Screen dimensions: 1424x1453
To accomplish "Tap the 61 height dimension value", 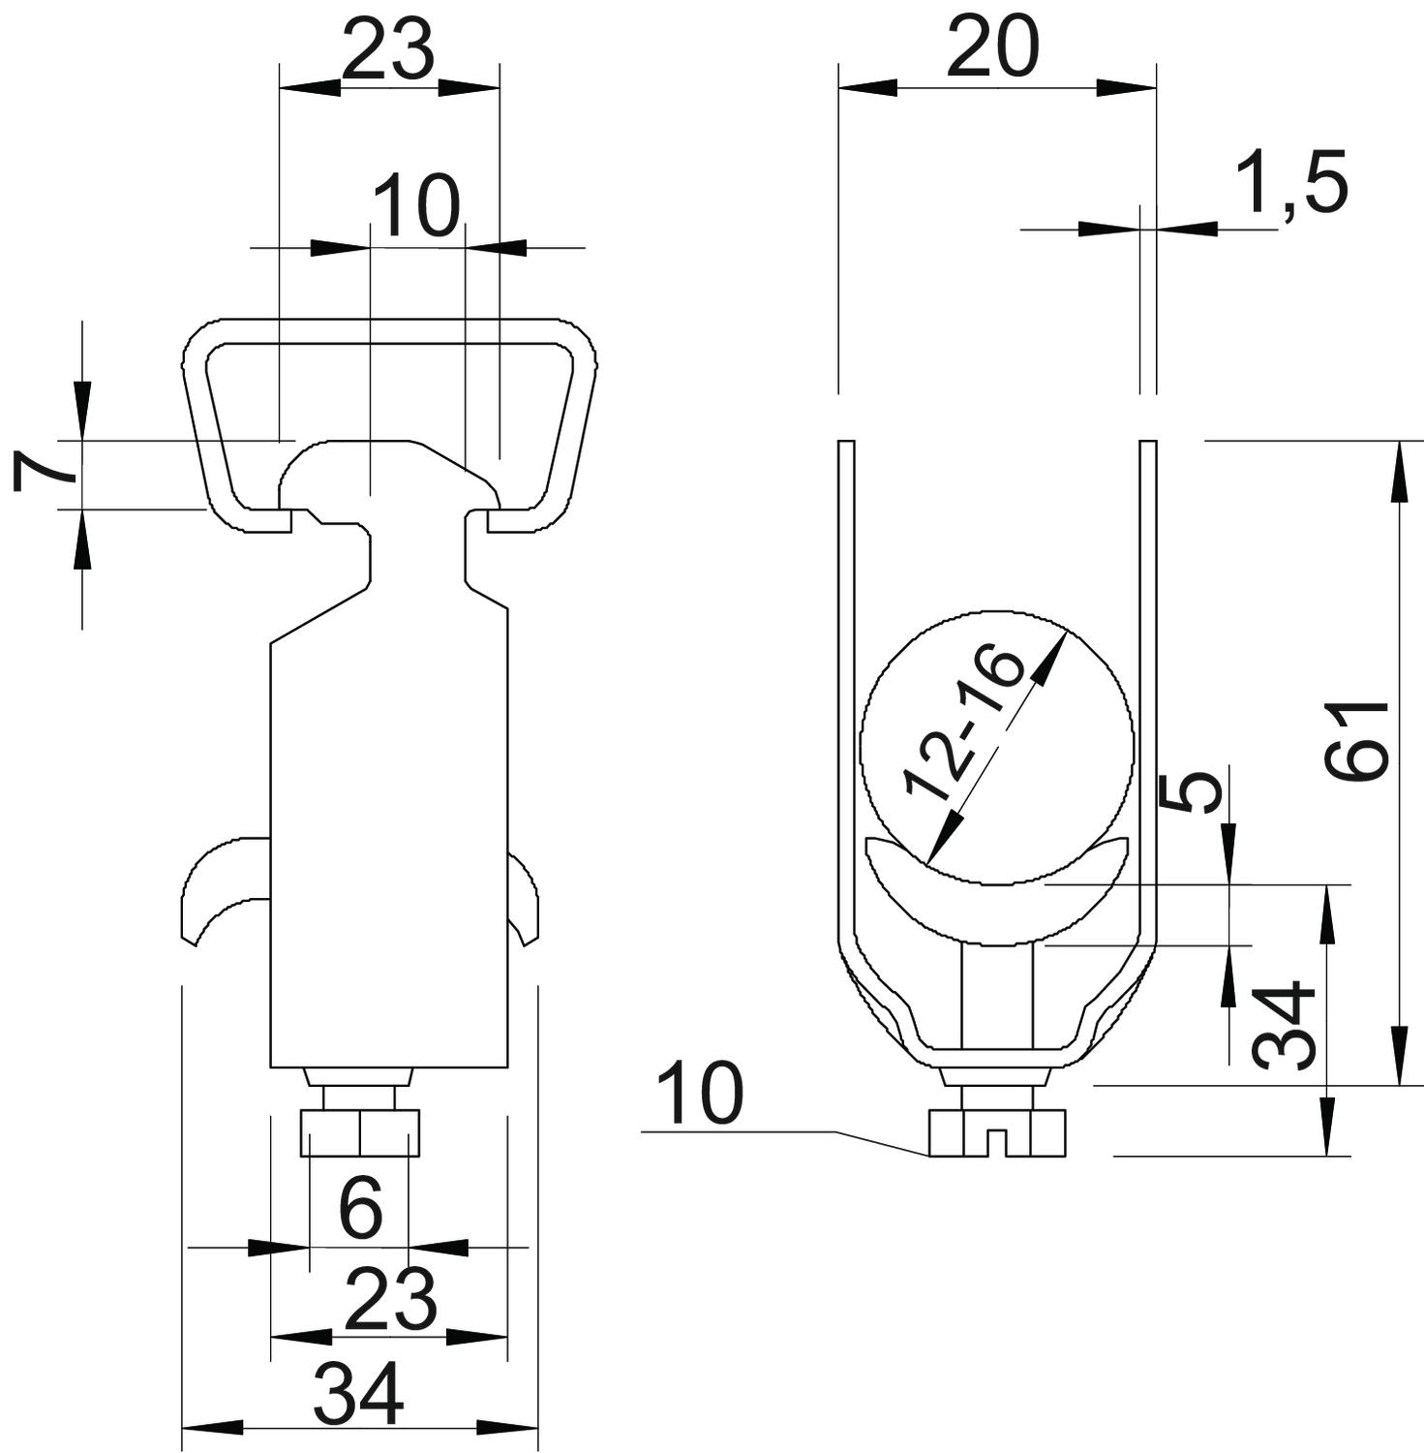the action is coord(1358,740).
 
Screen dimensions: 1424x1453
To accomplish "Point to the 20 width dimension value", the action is coord(992,47).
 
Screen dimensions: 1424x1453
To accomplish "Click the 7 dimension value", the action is coord(46,472).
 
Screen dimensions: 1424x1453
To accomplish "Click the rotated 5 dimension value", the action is coord(1189,791).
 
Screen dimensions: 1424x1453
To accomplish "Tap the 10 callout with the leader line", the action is coord(699,1092).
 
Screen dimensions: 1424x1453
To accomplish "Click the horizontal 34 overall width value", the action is coord(358,1394).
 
